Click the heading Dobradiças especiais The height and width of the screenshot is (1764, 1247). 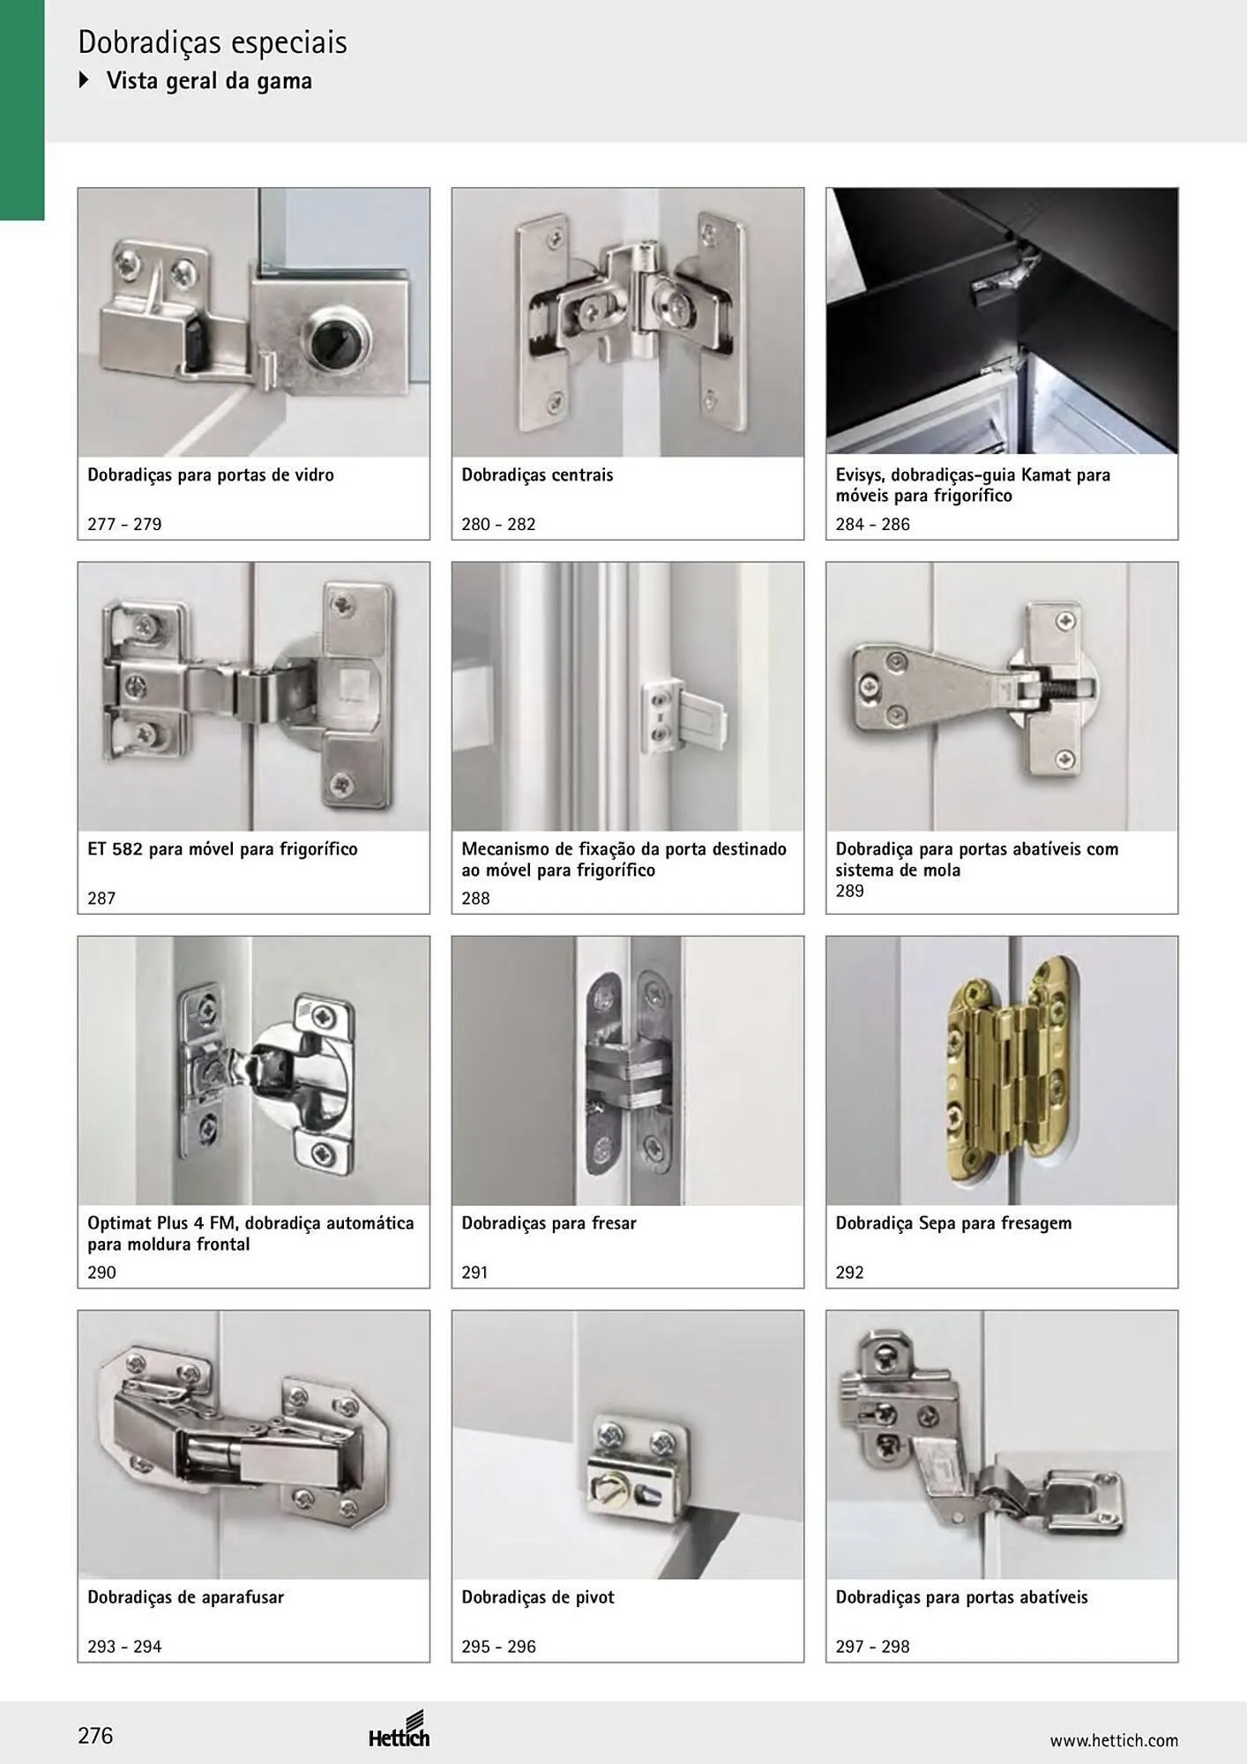coord(213,43)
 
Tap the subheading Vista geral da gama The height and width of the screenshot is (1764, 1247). coord(209,81)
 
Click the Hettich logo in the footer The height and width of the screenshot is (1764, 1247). coord(399,1730)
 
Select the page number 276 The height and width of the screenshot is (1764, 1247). coord(95,1736)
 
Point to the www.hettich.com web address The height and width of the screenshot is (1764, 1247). coord(1114,1740)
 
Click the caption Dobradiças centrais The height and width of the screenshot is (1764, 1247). coord(537,475)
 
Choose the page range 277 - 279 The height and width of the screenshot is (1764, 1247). coord(124,524)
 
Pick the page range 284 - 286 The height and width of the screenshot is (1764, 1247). coord(872,524)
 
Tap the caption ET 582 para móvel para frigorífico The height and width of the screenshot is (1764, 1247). coord(222,849)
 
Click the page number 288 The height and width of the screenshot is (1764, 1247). coord(475,898)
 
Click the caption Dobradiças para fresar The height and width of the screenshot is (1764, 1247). coord(549,1223)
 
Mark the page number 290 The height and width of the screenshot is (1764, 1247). coord(101,1272)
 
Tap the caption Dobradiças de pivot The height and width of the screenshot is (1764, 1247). coord(538,1597)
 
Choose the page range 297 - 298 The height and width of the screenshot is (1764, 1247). coord(872,1646)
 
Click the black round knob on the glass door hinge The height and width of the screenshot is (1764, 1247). coord(329,338)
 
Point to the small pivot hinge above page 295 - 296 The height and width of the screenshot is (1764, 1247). coord(637,1465)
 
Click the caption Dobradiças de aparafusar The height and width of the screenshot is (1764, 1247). coord(185,1597)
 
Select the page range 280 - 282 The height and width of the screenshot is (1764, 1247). coord(498,524)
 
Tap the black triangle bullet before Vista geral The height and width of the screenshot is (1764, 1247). coord(85,80)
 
